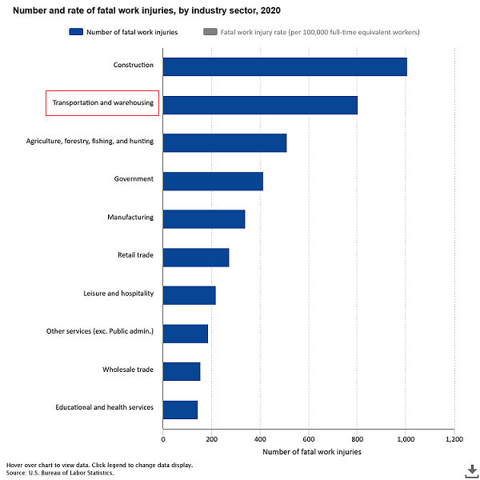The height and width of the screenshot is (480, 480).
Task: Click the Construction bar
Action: (x=284, y=66)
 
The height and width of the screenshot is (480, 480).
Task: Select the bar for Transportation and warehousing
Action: (x=260, y=105)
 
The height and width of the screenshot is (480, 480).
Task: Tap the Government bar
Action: (x=213, y=181)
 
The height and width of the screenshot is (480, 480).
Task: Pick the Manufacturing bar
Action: (x=204, y=219)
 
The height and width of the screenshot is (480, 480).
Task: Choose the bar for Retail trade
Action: (x=196, y=257)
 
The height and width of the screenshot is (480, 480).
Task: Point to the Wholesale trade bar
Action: (x=182, y=371)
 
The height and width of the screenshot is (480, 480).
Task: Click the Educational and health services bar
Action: (x=180, y=410)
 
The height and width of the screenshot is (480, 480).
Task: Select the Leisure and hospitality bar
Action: (x=190, y=295)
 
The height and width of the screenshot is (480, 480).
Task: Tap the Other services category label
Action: (x=100, y=331)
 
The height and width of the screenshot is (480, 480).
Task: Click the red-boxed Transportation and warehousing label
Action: (x=102, y=103)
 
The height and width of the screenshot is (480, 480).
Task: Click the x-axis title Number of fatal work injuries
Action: (x=311, y=452)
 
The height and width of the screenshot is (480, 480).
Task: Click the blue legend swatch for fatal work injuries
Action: (x=77, y=32)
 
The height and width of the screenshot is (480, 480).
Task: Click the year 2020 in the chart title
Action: (x=270, y=11)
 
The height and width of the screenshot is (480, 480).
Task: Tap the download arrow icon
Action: (x=472, y=470)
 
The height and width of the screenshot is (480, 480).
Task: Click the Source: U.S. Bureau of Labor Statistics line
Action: (x=60, y=473)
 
